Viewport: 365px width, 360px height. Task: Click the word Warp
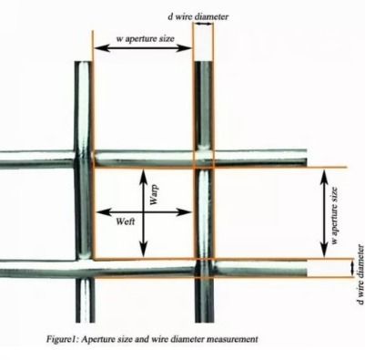click(x=154, y=194)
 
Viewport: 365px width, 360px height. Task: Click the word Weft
click(x=126, y=221)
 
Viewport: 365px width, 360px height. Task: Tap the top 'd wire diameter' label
click(x=198, y=16)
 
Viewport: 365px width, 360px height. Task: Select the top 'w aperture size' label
click(x=146, y=38)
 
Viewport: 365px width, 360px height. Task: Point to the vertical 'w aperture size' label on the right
click(x=334, y=216)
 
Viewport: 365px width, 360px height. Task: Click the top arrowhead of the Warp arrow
click(x=143, y=175)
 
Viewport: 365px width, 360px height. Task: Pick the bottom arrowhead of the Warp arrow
click(x=143, y=251)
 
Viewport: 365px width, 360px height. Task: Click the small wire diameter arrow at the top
click(x=203, y=26)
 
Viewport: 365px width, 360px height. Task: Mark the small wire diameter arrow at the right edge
click(x=352, y=268)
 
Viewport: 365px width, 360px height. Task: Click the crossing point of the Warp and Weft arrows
click(x=143, y=212)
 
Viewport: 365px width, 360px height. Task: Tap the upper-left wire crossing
click(x=83, y=159)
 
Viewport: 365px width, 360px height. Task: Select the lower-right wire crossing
click(x=204, y=268)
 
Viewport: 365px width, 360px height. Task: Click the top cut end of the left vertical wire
click(x=83, y=63)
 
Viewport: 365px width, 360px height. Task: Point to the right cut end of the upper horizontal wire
click(x=305, y=158)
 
